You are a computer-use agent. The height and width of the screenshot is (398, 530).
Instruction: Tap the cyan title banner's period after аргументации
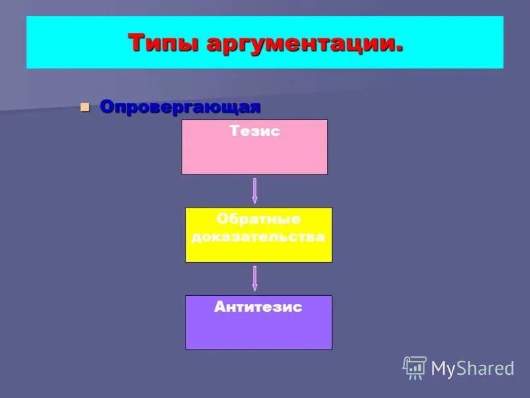399,50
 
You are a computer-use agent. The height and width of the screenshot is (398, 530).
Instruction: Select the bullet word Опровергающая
180,107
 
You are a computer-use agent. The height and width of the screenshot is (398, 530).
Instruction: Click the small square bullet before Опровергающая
84,107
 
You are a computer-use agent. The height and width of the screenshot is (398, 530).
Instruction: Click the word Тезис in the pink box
255,131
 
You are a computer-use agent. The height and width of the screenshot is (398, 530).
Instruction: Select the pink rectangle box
254,157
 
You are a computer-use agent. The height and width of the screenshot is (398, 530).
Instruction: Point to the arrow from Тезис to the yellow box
255,190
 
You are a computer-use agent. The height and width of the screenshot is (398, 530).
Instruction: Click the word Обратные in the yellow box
258,219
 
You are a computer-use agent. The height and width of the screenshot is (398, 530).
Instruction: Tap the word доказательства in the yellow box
258,236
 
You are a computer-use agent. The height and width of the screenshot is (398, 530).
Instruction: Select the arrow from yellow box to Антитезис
255,278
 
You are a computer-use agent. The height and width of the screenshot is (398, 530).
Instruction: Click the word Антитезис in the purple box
258,307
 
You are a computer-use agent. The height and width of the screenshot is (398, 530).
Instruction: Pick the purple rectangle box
258,332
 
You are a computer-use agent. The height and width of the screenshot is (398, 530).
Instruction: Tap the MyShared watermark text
472,368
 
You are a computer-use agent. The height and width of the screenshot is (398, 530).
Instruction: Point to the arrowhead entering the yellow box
255,200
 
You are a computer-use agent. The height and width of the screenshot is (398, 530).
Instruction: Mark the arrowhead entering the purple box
255,288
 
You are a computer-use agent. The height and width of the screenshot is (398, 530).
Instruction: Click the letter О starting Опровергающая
106,107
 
